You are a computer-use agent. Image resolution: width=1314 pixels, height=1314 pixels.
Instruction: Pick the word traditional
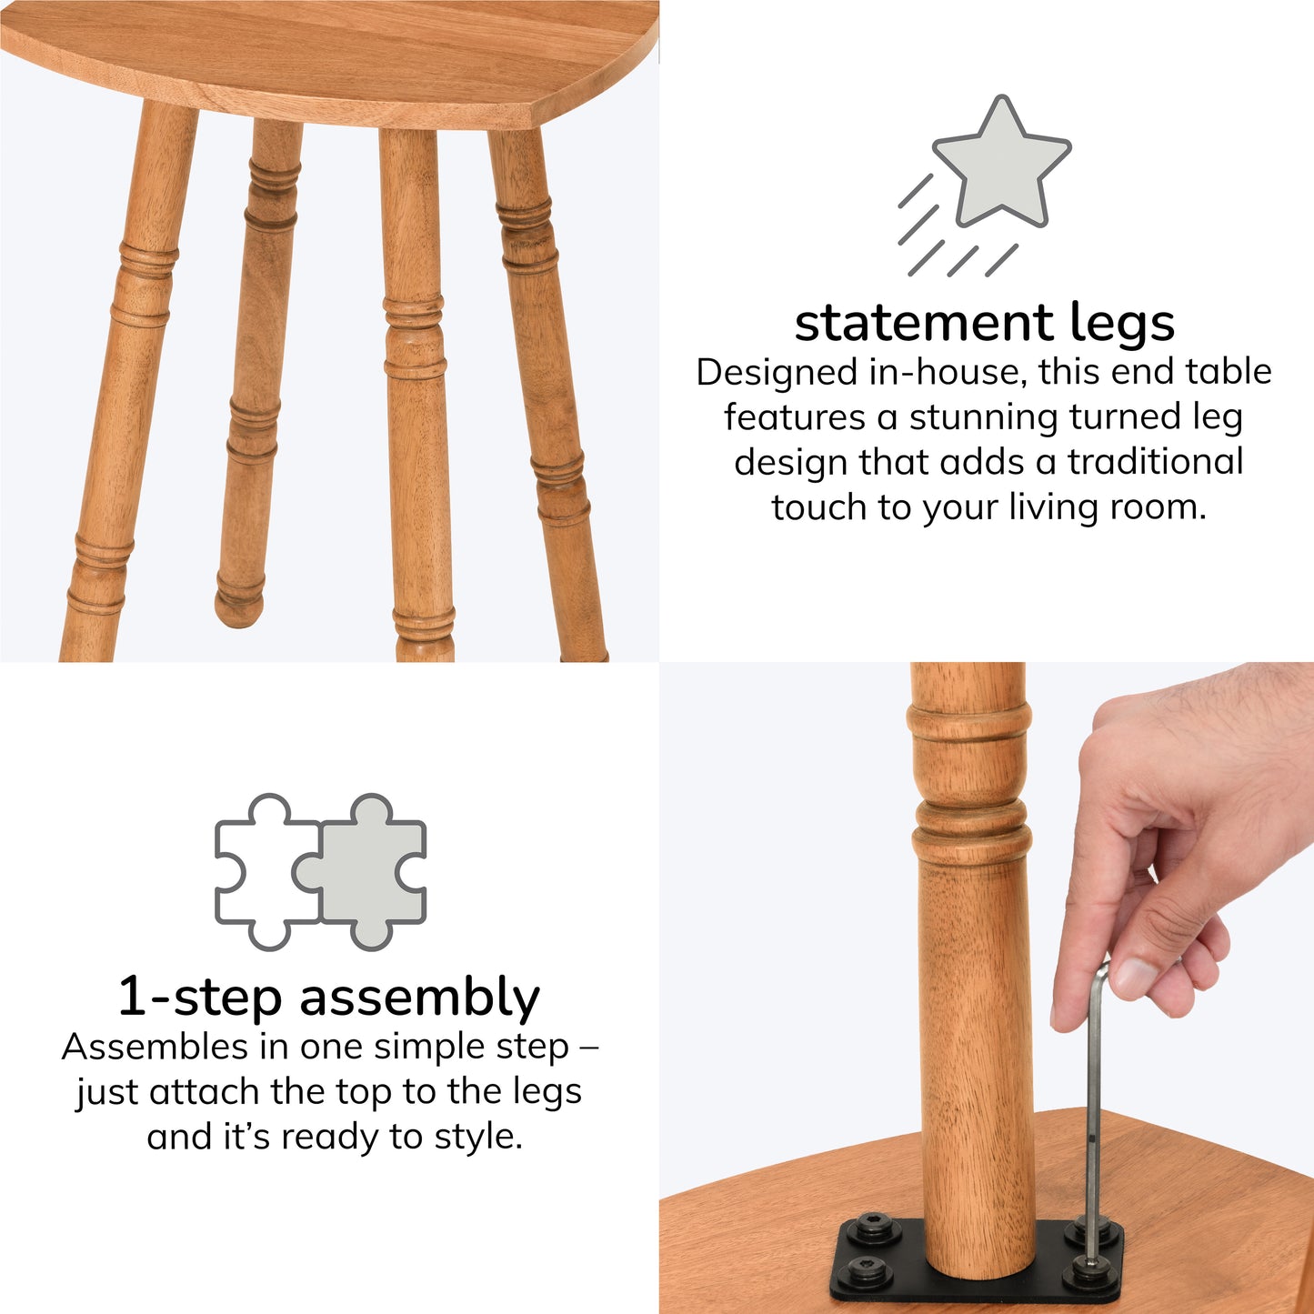click(1156, 462)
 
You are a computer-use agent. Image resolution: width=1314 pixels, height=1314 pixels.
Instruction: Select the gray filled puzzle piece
click(365, 872)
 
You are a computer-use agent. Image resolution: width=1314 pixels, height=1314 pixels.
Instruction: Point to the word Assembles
click(154, 1048)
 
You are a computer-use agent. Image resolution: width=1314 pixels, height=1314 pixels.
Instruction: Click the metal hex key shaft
click(1092, 1105)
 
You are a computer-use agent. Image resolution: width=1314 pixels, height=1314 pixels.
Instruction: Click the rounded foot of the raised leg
click(238, 603)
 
